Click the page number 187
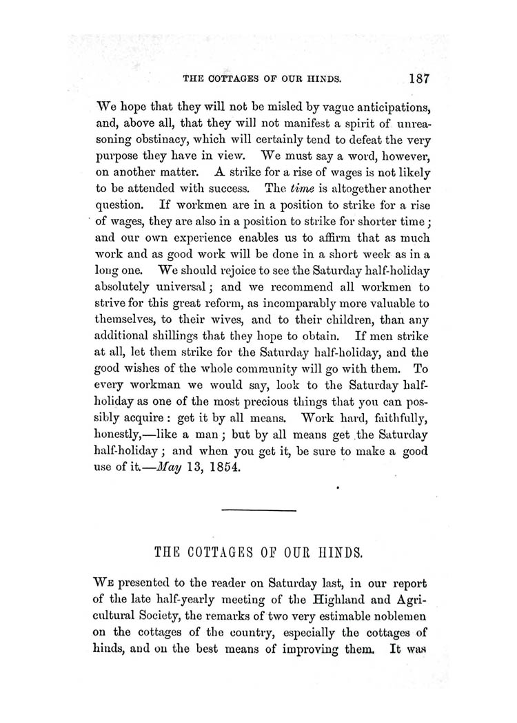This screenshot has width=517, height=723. [418, 78]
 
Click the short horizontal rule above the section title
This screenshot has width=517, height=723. [259, 510]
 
